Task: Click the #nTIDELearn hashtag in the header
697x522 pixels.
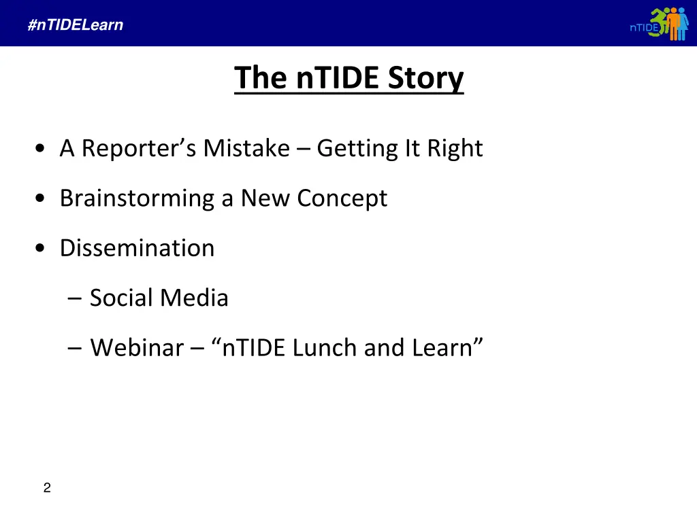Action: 76,25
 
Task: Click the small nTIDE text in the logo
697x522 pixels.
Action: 643,28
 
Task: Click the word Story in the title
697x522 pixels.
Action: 425,78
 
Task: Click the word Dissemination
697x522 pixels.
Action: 137,248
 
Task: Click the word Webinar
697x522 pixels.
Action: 137,348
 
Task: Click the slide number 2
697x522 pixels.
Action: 46,487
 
